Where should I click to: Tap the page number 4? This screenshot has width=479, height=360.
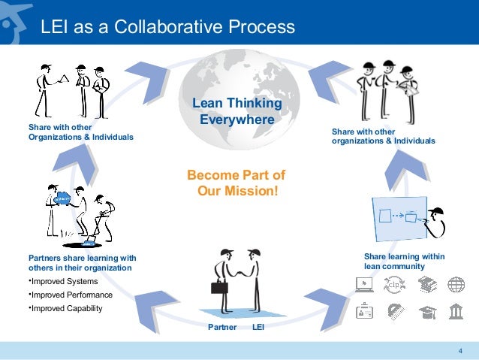point(459,351)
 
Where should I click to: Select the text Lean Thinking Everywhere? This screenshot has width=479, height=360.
point(236,110)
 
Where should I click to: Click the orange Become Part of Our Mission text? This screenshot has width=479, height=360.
point(236,183)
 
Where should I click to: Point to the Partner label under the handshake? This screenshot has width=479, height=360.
point(222,328)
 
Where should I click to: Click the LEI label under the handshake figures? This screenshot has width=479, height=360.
point(258,328)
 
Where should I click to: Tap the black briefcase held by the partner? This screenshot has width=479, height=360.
point(218,286)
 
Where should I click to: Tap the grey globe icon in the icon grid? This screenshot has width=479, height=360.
point(456,285)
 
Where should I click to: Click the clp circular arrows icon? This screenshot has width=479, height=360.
point(394,285)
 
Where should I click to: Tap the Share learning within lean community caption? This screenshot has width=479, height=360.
point(404,262)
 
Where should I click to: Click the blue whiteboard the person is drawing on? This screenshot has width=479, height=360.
point(399,219)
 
